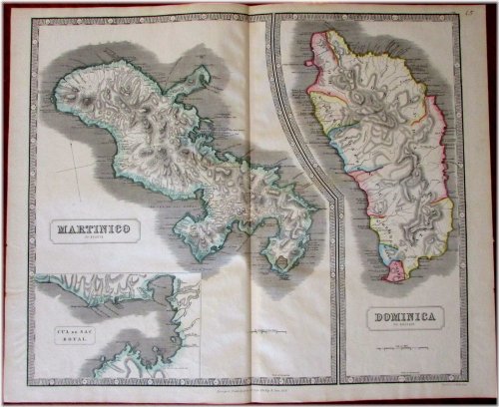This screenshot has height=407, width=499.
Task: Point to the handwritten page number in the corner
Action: tap(482, 12)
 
